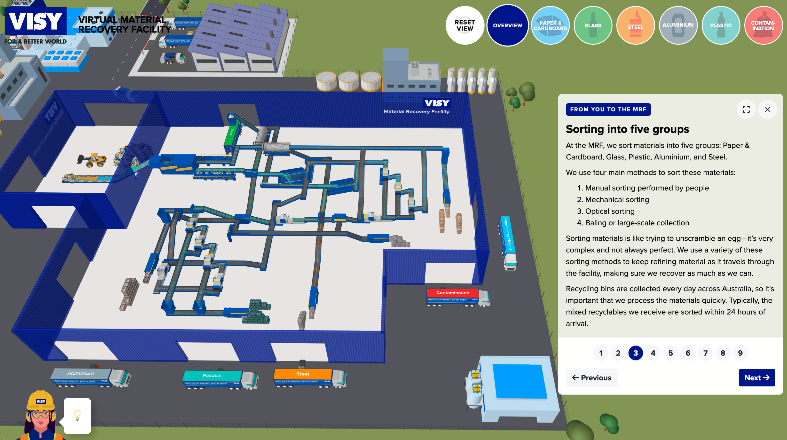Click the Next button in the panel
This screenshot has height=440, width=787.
tap(756, 378)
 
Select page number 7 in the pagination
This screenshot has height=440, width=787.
tap(705, 353)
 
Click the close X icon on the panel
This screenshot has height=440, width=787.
tap(767, 109)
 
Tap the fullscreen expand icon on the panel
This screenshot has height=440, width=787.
tap(746, 109)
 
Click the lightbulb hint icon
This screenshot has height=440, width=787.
tap(77, 415)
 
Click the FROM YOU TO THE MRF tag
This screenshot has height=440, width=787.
tap(608, 109)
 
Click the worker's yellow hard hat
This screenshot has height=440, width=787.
tap(41, 400)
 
